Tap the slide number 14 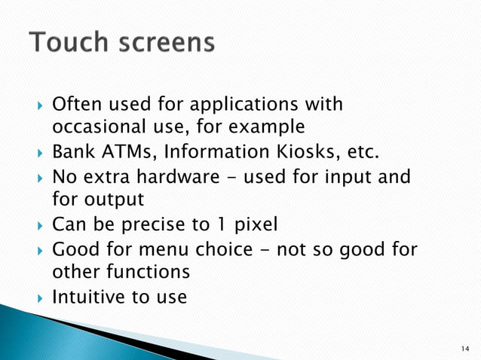[x=463, y=347]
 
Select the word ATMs [x=126, y=154]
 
